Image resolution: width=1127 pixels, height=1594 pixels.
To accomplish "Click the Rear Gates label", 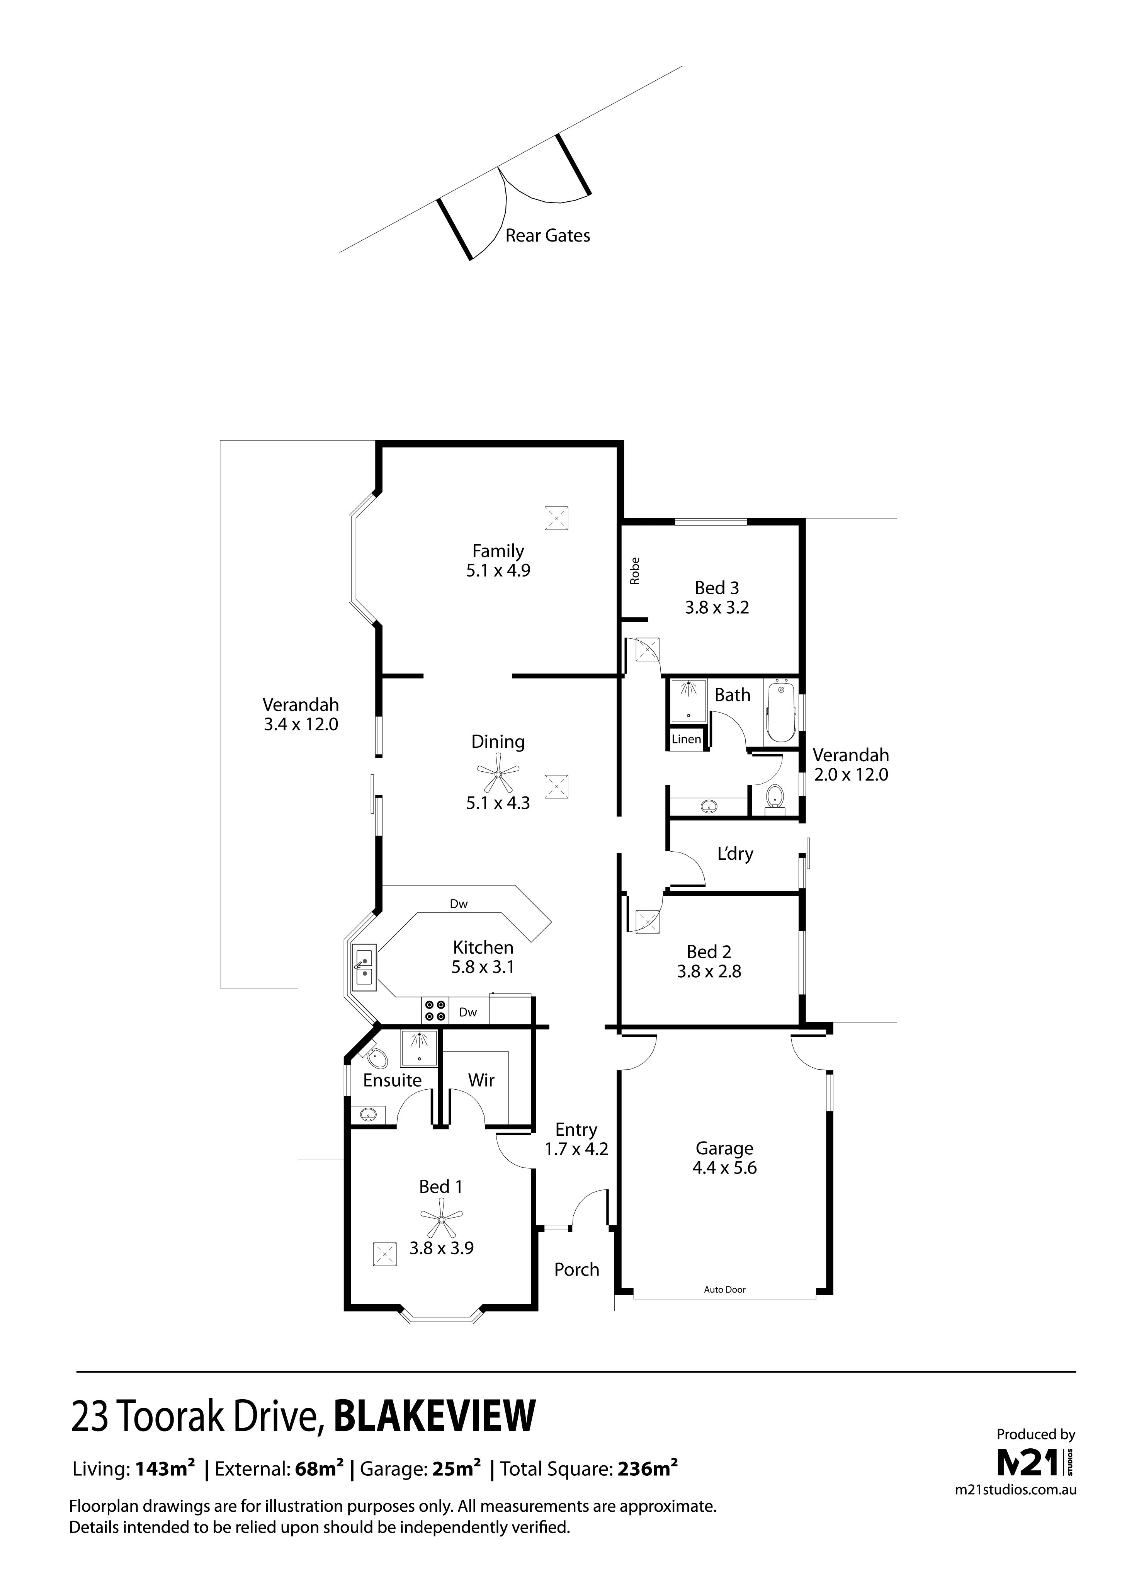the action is (x=547, y=236).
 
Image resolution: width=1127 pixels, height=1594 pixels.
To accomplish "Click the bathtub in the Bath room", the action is (x=782, y=712).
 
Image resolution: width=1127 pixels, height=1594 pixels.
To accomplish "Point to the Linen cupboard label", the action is (x=686, y=739).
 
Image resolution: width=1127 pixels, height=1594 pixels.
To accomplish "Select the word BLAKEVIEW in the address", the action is (x=434, y=1415).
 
